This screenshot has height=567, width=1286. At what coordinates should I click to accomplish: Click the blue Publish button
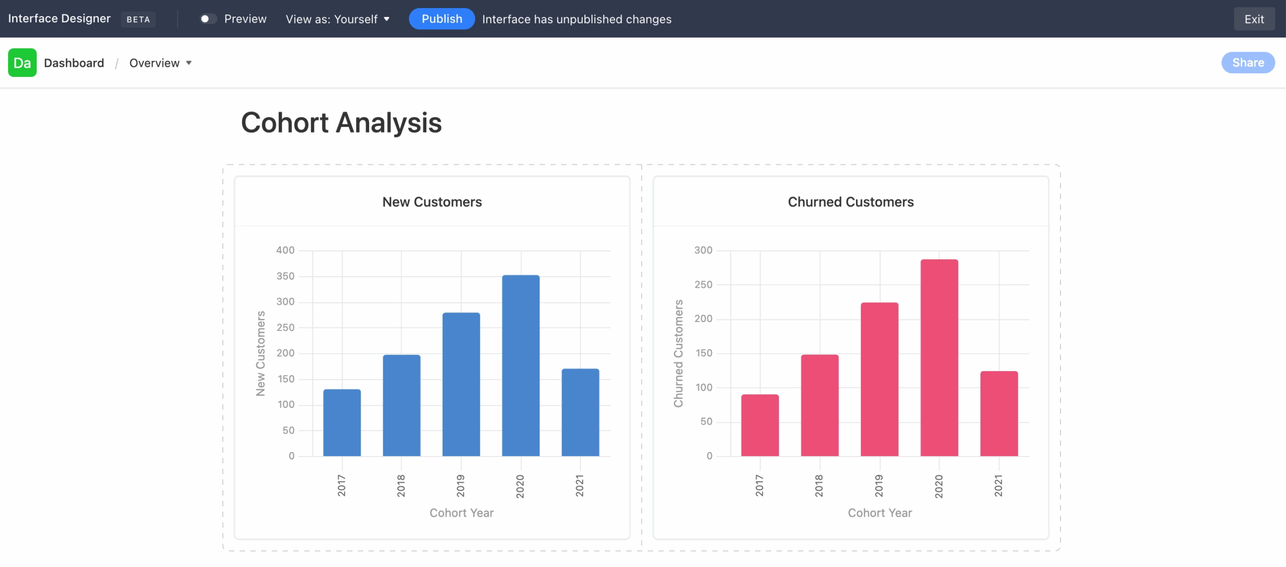442,19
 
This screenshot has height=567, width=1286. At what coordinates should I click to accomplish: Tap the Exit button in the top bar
1254,19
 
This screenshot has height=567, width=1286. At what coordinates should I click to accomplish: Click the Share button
1248,63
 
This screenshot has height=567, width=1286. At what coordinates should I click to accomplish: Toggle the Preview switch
208,19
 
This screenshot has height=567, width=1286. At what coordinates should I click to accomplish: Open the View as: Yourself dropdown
338,19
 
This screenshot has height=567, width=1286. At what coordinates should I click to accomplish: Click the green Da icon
22,63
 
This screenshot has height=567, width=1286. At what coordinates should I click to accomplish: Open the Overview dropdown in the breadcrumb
160,63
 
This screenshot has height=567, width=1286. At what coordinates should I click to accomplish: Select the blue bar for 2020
520,365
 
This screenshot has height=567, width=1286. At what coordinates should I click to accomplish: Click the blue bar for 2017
342,422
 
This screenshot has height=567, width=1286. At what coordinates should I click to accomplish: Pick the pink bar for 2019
879,379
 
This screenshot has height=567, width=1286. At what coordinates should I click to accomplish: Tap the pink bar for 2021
999,413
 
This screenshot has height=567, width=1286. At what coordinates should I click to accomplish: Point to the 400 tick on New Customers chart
285,250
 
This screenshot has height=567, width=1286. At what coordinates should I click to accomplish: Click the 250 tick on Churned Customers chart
703,285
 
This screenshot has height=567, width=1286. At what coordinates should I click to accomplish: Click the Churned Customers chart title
850,202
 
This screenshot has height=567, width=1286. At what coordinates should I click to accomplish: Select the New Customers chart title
432,202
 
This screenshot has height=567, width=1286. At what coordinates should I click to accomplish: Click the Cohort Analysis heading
341,123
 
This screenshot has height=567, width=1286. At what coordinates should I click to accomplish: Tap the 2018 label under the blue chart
401,486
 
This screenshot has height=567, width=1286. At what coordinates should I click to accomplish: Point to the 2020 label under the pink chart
938,486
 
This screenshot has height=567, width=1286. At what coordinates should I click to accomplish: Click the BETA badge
138,19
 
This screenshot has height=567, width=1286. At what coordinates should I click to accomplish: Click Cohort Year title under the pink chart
880,513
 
